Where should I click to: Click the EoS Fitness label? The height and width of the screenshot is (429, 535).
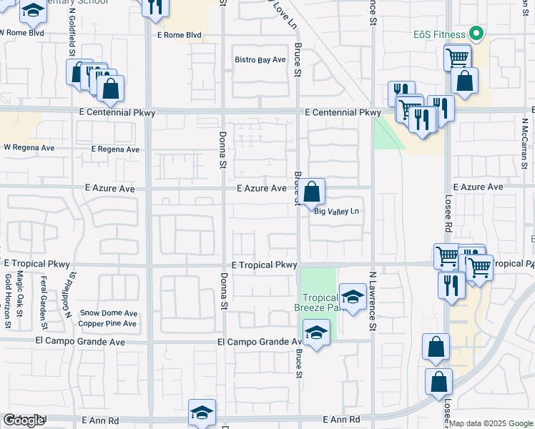(x=438, y=34)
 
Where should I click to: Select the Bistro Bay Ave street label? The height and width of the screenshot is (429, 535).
(x=260, y=60)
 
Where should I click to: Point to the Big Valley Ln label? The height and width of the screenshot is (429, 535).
(x=336, y=211)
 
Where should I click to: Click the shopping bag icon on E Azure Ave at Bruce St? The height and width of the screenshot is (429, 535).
(x=312, y=192)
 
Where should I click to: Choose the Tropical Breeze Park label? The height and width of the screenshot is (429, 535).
(x=321, y=302)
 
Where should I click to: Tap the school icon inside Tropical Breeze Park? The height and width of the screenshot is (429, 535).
(x=353, y=297)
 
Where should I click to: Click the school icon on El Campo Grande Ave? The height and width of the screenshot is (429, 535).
(x=317, y=332)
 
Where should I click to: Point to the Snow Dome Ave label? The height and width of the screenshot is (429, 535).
(x=108, y=313)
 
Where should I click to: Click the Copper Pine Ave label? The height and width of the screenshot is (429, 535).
(x=107, y=324)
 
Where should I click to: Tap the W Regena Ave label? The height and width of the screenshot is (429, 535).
(x=29, y=148)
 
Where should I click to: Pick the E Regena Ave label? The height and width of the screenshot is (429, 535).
(x=115, y=149)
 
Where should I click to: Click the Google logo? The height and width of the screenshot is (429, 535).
(x=24, y=420)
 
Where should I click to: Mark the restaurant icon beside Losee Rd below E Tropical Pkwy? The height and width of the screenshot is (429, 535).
(x=450, y=284)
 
